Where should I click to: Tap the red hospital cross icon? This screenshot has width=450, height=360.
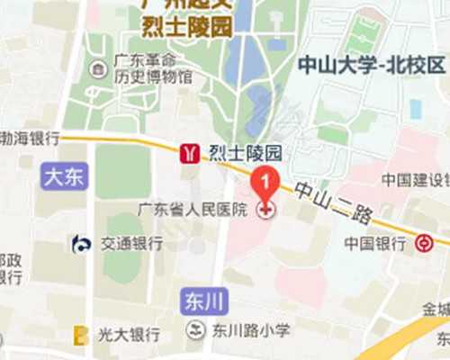266,211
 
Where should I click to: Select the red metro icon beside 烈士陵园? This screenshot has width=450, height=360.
190,152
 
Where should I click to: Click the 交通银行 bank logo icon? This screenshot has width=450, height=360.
82,243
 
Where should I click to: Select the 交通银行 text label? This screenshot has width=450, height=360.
131,243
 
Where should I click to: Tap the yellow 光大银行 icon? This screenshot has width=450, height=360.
81,335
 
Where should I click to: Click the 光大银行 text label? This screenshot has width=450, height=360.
130,335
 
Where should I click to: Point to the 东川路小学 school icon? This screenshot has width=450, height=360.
195,330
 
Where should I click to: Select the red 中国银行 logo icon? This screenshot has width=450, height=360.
424,243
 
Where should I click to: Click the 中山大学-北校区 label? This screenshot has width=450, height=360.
371,65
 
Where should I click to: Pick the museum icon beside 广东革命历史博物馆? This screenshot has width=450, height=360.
97,69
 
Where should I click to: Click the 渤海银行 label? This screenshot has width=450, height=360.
29,139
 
